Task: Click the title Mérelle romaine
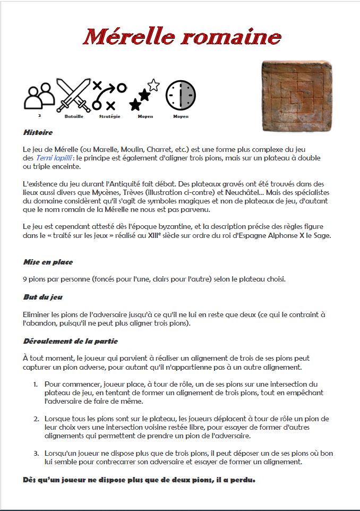click(182, 37)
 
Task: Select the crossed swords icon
click(73, 96)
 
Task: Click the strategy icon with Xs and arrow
click(109, 96)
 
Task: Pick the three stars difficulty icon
click(144, 95)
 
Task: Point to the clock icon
click(181, 96)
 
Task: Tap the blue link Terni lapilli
click(54, 158)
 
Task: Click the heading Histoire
click(38, 132)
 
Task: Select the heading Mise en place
click(48, 262)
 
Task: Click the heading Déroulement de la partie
click(70, 341)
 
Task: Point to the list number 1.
click(35, 384)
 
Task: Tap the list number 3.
click(35, 453)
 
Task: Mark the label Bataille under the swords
click(73, 116)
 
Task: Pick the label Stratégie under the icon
click(109, 116)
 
